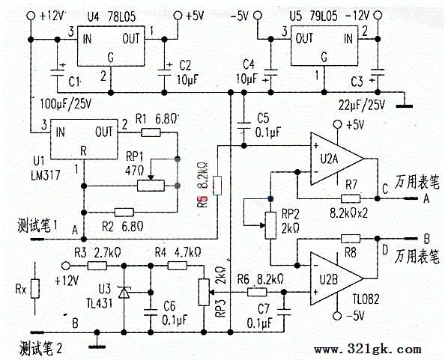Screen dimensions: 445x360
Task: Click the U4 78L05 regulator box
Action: (x=111, y=46)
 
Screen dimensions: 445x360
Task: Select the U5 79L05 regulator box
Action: (x=324, y=46)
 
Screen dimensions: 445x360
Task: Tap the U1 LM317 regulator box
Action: (x=84, y=139)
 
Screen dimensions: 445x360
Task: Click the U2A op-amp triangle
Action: (x=337, y=159)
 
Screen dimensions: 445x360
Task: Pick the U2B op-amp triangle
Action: (x=337, y=278)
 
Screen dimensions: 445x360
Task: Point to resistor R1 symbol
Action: (x=151, y=132)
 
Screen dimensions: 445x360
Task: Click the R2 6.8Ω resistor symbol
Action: (x=124, y=212)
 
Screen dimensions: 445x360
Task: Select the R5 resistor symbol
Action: (x=217, y=186)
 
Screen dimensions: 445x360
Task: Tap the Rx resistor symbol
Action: (x=35, y=289)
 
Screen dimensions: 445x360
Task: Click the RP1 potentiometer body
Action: (x=151, y=186)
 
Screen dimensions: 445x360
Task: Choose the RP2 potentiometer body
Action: (x=270, y=225)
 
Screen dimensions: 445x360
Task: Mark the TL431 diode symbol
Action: (x=124, y=292)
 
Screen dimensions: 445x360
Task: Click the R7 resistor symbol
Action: (x=351, y=198)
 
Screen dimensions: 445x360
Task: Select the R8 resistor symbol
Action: (x=351, y=239)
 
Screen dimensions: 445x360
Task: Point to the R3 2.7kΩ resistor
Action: (x=97, y=266)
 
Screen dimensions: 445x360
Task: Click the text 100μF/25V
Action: (x=66, y=104)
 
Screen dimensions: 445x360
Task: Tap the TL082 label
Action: (x=366, y=299)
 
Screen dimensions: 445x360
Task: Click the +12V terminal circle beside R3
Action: (x=66, y=266)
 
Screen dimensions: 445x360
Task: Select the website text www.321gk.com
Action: (x=367, y=350)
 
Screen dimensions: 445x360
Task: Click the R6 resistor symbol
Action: (x=257, y=292)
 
